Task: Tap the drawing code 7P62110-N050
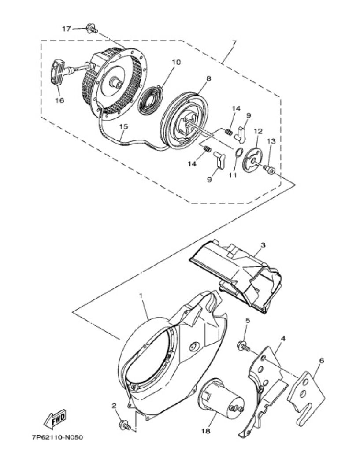58,438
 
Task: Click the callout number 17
67,29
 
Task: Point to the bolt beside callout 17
92,29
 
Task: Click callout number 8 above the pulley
208,78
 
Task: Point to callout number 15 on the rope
124,126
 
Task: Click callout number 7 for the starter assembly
234,43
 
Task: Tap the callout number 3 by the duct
263,245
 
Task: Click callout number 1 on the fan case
141,296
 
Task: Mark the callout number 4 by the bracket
283,339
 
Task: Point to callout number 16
59,100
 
